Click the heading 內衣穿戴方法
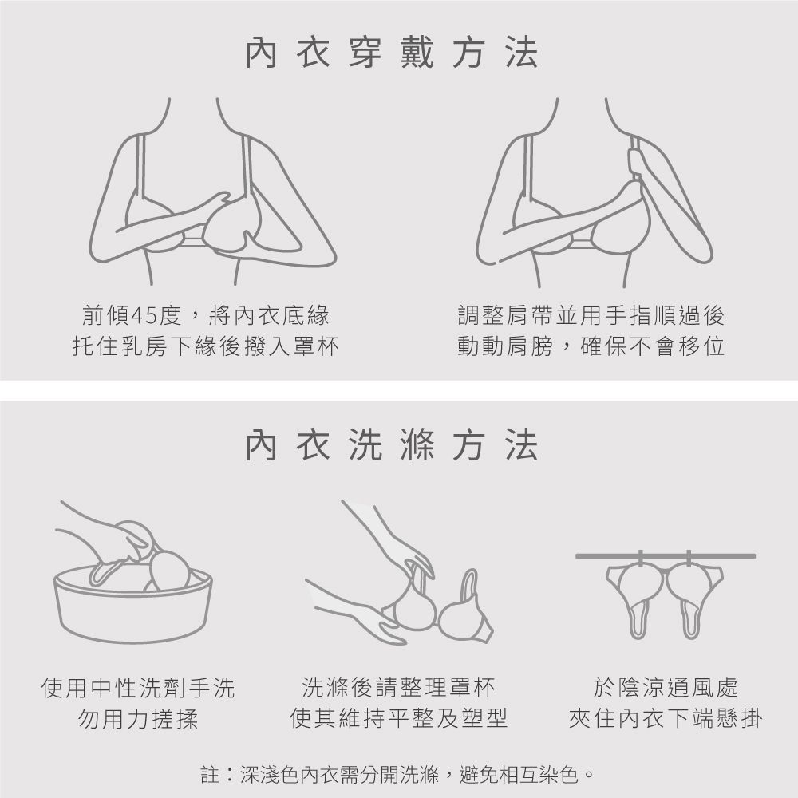pos(391,53)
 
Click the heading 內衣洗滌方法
pos(391,445)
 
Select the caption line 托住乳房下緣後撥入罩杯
pos(206,346)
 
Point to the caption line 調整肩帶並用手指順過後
pos(591,315)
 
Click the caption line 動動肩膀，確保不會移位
pos(591,346)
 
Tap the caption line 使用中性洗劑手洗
pos(138,688)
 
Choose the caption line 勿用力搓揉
pos(138,719)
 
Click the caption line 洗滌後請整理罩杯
pos(398,687)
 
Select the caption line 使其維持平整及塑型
pos(398,718)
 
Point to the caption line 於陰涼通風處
pos(666,687)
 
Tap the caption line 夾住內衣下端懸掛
pos(666,718)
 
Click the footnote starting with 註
pos(397,775)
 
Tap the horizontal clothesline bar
pos(666,556)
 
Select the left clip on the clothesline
pos(640,559)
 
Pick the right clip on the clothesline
pos(689,559)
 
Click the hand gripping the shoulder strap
pos(636,163)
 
